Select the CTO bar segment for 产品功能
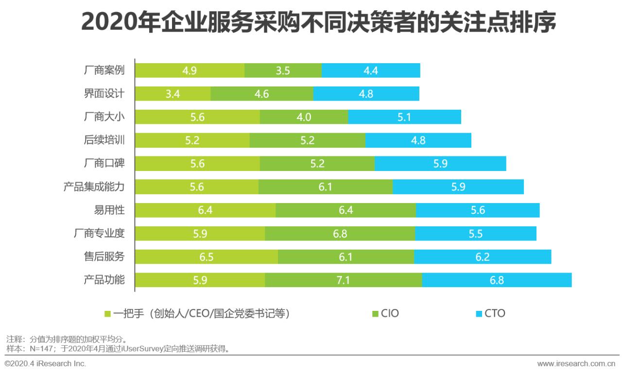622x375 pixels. (x=497, y=280)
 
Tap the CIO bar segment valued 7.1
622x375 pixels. (x=343, y=280)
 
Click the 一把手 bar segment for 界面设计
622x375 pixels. (x=173, y=94)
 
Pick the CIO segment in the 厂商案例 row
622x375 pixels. (x=283, y=70)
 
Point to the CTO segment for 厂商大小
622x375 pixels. (x=404, y=117)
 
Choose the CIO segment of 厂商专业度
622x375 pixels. (x=340, y=234)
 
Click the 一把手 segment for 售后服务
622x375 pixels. (x=206, y=257)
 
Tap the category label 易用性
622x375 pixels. (x=109, y=210)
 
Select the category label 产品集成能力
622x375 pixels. (x=94, y=187)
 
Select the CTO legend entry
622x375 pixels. (x=490, y=313)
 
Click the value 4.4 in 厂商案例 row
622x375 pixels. (x=370, y=70)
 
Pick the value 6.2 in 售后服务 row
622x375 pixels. (x=482, y=257)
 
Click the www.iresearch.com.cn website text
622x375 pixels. (x=576, y=364)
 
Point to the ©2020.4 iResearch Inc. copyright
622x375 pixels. (x=45, y=364)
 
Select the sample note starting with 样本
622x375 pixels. (x=117, y=348)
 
